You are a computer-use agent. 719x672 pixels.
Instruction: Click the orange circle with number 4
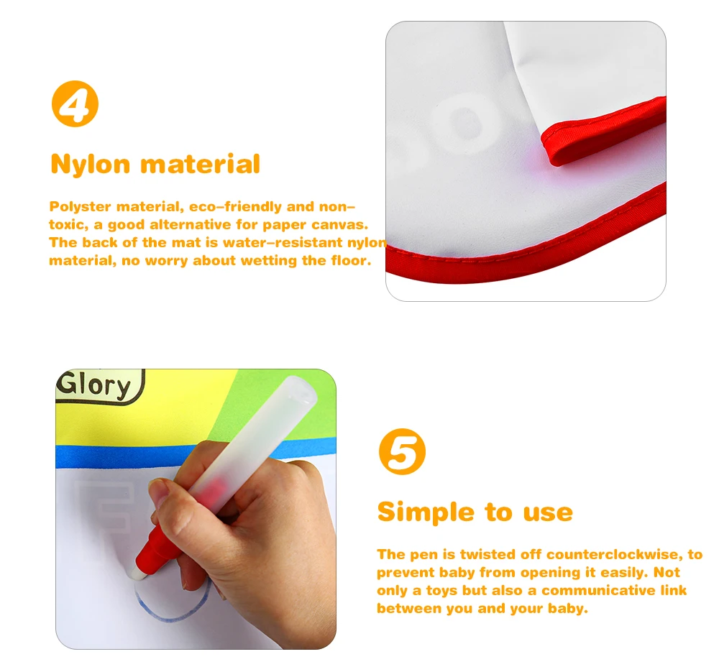pyautogui.click(x=75, y=105)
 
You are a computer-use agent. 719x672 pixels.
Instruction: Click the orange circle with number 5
pyautogui.click(x=402, y=452)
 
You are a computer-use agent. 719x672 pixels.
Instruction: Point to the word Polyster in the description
pyautogui.click(x=80, y=207)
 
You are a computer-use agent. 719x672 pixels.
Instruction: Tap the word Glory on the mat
pyautogui.click(x=95, y=386)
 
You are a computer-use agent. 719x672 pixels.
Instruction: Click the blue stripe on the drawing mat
pyautogui.click(x=108, y=456)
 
